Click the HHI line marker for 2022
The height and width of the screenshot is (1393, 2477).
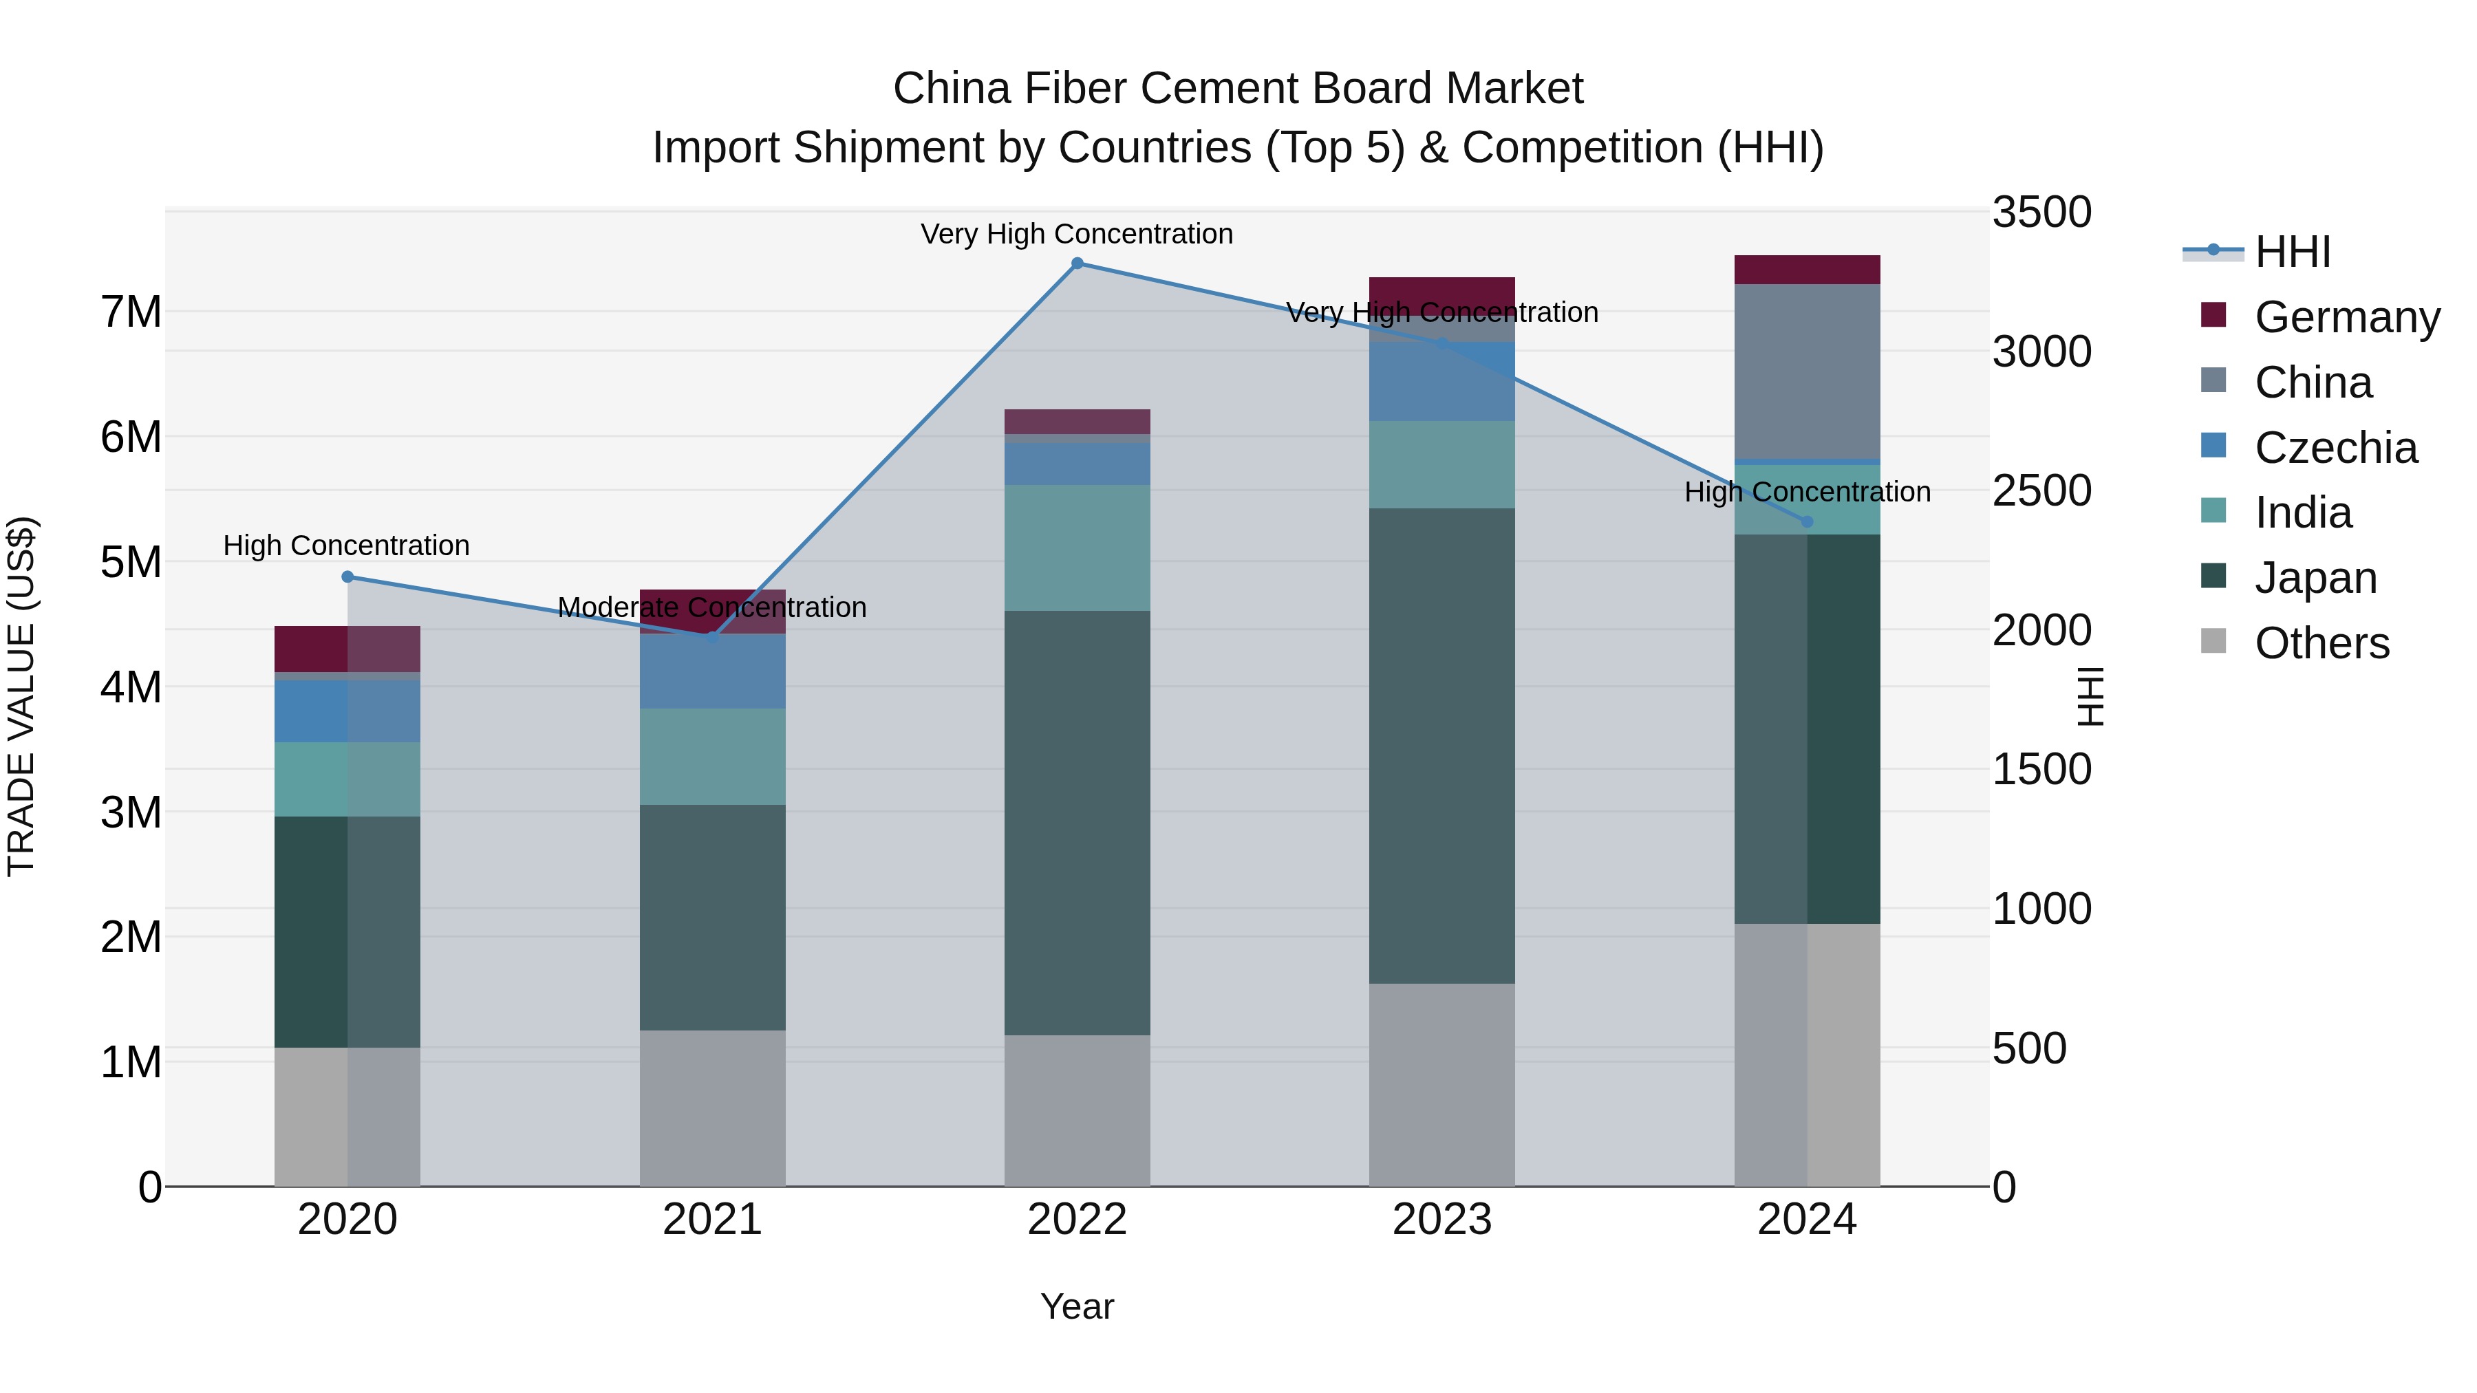[1077, 263]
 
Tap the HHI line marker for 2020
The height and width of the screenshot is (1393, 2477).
[348, 577]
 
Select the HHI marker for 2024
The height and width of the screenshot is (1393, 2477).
[1807, 522]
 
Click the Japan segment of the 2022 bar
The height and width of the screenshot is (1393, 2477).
[1077, 822]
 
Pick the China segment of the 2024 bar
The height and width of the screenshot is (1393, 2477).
[1807, 371]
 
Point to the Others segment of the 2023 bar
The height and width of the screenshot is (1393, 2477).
[1441, 1084]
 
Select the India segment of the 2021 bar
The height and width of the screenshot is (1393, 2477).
[713, 757]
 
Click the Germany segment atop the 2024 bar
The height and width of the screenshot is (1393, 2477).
[1807, 270]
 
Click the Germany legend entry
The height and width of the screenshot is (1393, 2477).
[2346, 317]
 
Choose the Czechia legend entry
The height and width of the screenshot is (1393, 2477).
[2335, 448]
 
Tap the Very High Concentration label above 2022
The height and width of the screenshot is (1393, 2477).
[1077, 235]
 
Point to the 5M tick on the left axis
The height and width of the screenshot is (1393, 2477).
[131, 563]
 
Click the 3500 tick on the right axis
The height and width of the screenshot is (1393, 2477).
[2041, 213]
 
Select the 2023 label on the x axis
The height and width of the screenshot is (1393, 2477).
[1441, 1220]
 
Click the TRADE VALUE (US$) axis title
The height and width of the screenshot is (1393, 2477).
[21, 696]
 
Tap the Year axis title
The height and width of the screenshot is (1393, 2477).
[1077, 1306]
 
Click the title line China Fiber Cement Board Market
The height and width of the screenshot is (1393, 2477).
[1238, 89]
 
